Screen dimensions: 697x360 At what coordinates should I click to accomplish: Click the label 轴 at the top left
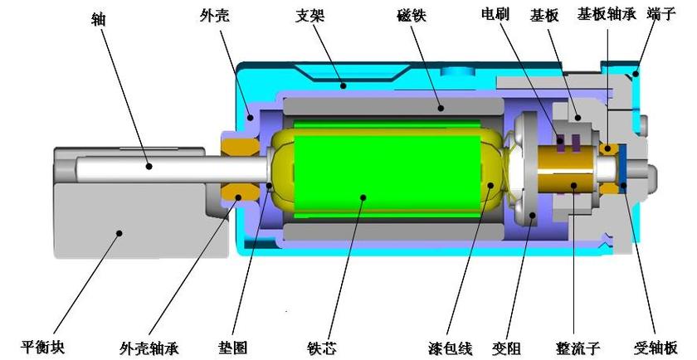pos(98,19)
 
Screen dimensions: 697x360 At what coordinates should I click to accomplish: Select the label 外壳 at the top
pos(214,17)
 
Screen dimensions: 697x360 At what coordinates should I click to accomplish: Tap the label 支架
pos(310,16)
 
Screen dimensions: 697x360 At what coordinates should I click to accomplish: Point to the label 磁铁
pos(412,16)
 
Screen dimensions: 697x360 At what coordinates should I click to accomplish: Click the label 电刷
pos(495,14)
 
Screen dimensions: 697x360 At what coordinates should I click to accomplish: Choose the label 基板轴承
pos(607,14)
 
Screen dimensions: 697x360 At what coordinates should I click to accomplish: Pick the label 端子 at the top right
pos(662,14)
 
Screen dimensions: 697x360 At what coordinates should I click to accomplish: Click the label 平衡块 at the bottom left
pos(42,346)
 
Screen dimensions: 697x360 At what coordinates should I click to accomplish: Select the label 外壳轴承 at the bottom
pos(149,348)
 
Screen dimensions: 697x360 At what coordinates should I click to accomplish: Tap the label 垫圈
pos(232,347)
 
